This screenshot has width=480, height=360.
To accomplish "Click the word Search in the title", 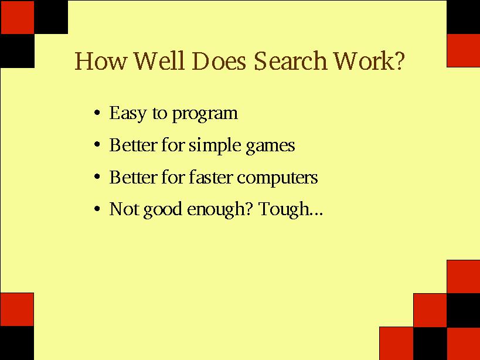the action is click(x=290, y=60).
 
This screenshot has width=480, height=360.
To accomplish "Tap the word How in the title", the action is click(x=100, y=60).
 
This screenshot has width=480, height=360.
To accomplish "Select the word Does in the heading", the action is click(x=219, y=60).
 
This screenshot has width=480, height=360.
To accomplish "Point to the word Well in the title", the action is click(x=159, y=60).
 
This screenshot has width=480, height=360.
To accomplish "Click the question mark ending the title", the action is click(x=400, y=60).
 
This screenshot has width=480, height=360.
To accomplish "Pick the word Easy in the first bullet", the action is click(x=128, y=114).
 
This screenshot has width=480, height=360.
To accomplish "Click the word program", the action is click(x=205, y=114).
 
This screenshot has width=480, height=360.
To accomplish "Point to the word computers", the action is click(x=277, y=178).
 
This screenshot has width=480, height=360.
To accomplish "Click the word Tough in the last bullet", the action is click(x=291, y=210).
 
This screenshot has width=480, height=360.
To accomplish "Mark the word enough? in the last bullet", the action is click(x=220, y=210).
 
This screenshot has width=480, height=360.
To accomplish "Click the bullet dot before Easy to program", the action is click(x=97, y=113).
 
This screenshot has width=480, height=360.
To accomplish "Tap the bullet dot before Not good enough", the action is click(x=97, y=209).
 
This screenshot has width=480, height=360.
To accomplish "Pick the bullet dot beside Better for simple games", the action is click(x=97, y=144).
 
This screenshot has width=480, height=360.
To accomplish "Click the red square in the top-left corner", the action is click(x=18, y=17).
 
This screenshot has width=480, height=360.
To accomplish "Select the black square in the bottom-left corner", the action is click(x=17, y=343).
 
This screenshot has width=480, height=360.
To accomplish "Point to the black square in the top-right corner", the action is click(x=463, y=17).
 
